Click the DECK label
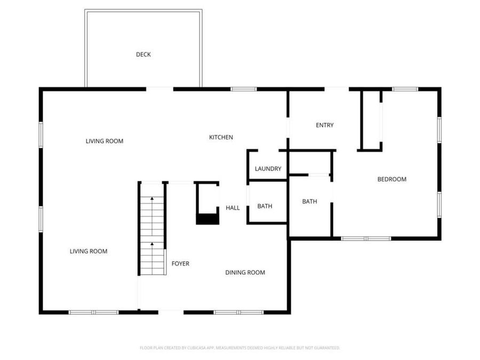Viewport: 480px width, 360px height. coord(143,54)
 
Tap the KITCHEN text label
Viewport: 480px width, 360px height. coord(220,138)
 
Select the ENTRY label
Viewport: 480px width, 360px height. coord(324,125)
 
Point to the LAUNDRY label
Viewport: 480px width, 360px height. coord(268,169)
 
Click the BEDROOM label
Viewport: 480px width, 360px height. coord(391,179)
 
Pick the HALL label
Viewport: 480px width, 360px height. coord(233,208)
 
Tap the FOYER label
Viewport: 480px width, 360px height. coord(180,263)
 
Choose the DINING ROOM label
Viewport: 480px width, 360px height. coord(245,273)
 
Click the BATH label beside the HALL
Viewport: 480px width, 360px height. coord(265,206)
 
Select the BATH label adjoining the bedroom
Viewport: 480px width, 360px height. coord(309,202)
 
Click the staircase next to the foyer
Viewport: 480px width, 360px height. coord(153,229)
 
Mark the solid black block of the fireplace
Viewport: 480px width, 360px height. coord(207,219)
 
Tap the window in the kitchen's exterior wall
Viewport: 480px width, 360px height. coord(243,89)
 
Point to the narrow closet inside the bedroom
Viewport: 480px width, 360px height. coord(371,120)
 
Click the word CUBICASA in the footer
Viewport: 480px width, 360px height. coord(191,348)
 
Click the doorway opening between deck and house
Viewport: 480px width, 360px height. coord(160,89)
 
